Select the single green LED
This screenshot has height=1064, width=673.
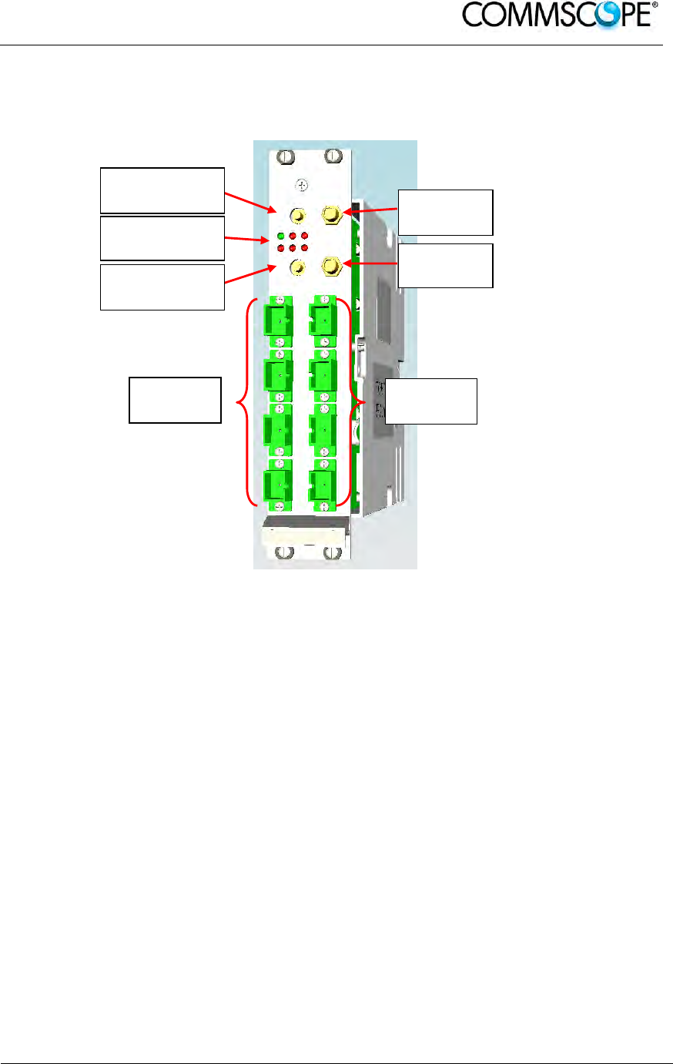point(282,236)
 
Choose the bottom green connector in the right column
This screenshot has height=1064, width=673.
point(322,485)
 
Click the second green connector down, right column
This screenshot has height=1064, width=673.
point(322,374)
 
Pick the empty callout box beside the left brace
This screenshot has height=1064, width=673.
point(175,400)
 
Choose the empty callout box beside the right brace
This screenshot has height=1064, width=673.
point(431,401)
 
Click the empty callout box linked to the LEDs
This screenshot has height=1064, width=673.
point(162,238)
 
